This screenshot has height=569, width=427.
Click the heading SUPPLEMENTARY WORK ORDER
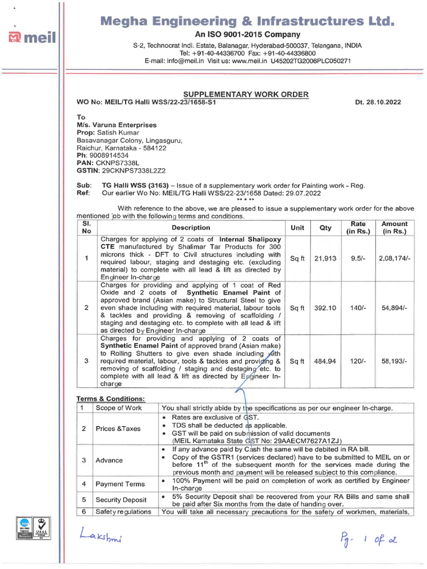click(x=246, y=94)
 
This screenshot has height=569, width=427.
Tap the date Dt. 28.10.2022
click(x=378, y=103)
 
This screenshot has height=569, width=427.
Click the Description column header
click(x=191, y=227)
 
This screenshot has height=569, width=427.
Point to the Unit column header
click(x=297, y=227)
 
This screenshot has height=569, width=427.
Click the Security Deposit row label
click(x=120, y=500)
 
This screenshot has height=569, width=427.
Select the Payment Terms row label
click(x=120, y=484)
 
